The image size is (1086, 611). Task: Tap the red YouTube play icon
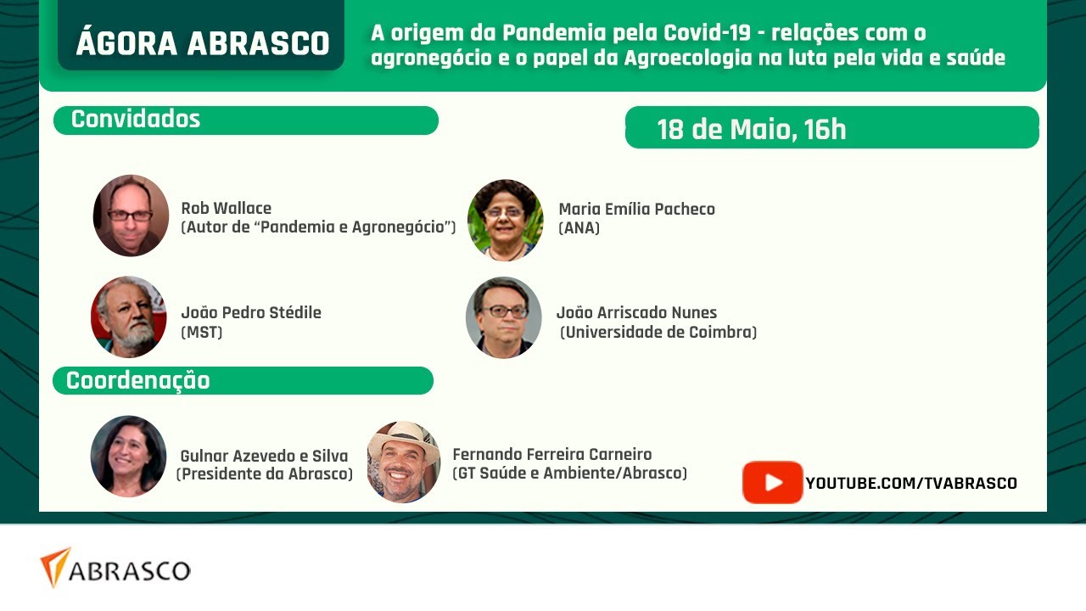click(x=772, y=482)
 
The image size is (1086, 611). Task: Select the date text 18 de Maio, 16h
click(x=751, y=130)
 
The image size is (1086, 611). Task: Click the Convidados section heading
click(x=136, y=120)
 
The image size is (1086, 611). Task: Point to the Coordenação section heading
click(x=138, y=381)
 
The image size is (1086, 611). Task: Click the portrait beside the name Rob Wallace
click(x=131, y=216)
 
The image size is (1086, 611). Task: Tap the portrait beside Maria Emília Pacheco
click(x=505, y=220)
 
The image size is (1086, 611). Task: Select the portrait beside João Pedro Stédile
click(x=128, y=317)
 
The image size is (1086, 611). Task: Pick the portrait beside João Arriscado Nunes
click(x=504, y=317)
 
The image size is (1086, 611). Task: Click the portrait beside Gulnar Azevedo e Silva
click(x=128, y=456)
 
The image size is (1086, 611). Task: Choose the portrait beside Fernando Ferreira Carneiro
click(x=403, y=462)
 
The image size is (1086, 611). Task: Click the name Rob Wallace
click(x=226, y=208)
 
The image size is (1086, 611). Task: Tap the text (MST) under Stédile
click(x=202, y=332)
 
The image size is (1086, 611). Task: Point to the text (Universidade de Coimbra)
click(x=658, y=332)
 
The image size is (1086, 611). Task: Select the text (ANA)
click(x=579, y=227)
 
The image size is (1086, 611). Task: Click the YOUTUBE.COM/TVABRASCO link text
click(x=911, y=483)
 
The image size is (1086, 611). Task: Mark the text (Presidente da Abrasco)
click(x=265, y=474)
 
